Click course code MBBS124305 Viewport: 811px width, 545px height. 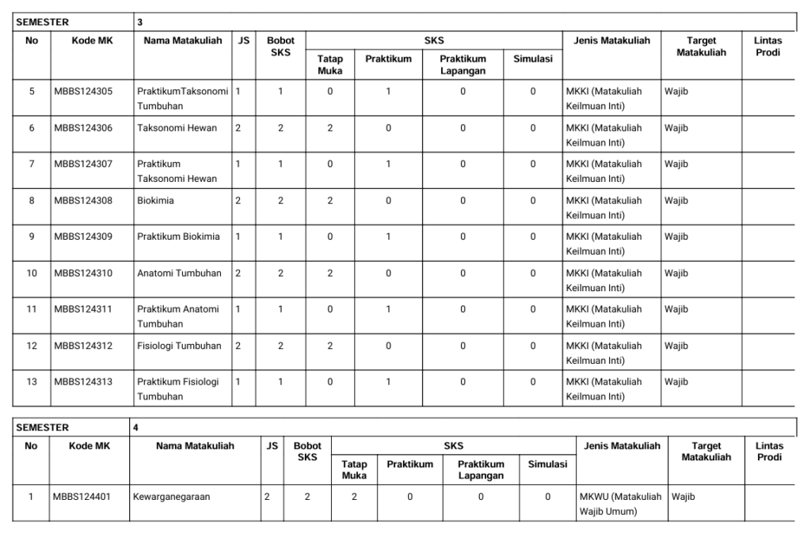83,91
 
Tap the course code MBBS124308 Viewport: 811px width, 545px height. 83,200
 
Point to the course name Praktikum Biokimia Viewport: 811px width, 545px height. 178,237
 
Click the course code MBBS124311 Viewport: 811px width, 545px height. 83,309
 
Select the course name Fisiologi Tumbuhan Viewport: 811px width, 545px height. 178,346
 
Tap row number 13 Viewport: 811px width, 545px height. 32,382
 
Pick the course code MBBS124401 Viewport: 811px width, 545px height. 82,497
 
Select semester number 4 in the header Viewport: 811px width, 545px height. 136,428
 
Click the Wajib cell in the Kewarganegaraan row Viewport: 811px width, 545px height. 683,497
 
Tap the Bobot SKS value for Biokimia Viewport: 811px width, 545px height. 280,200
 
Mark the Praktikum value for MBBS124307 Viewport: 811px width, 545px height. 388,164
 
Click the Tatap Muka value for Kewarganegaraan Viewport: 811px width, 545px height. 354,497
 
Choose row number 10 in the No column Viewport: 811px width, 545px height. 32,273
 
